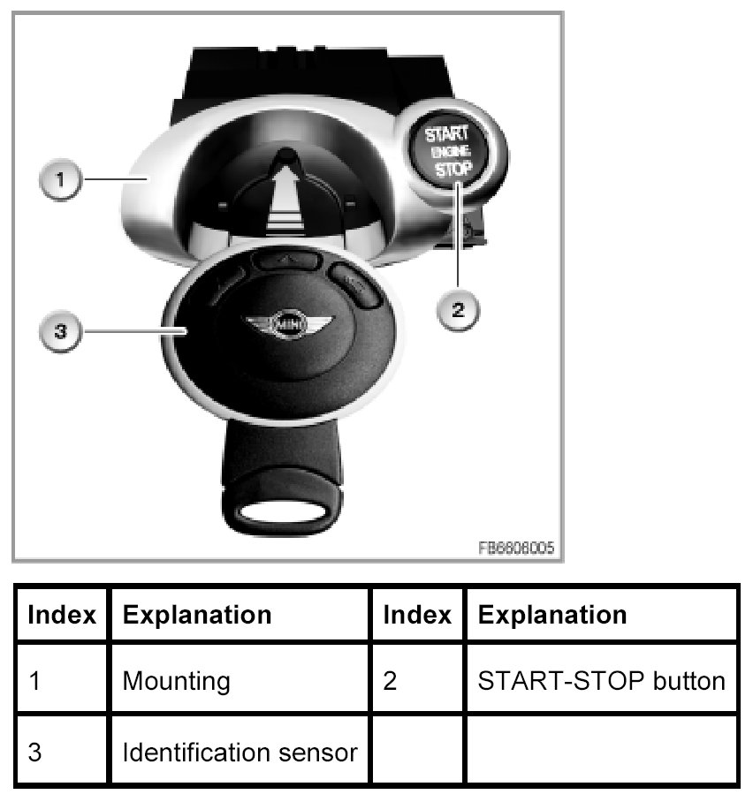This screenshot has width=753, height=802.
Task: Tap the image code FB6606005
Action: coord(516,548)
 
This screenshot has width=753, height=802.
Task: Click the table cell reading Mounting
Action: coord(176,681)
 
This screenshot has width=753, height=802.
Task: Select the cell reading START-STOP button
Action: coord(601,681)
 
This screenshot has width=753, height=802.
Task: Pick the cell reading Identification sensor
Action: coord(240,753)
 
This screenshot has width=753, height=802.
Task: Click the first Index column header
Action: coord(62,615)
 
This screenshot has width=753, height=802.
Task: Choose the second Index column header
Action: coord(416,615)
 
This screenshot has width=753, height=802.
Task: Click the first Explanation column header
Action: coord(197,615)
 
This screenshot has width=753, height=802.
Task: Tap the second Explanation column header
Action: coord(551,615)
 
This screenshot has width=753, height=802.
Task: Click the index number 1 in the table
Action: coord(34,681)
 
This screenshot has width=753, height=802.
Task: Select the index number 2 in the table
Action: coord(390,681)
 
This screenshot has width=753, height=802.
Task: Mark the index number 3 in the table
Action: coord(34,753)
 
